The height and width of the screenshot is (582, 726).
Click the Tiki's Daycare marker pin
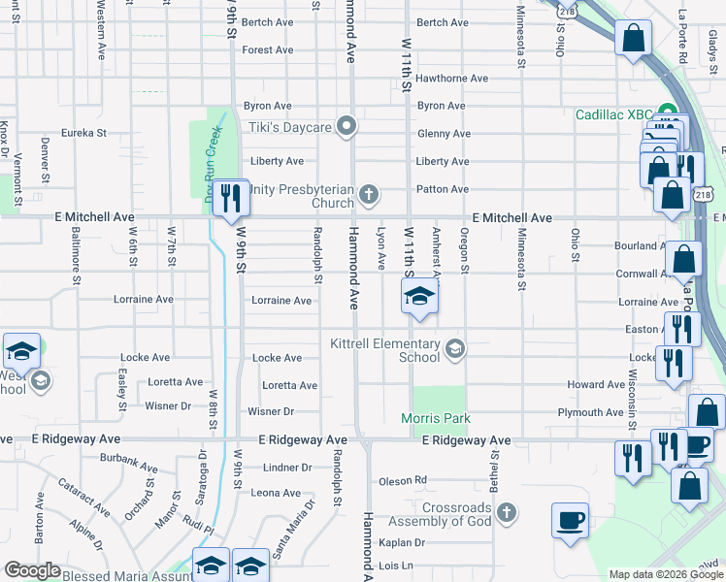click(x=346, y=126)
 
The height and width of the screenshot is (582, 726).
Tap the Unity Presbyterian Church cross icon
click(x=368, y=195)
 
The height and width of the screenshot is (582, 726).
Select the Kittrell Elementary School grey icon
click(x=454, y=348)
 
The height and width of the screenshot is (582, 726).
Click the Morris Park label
click(x=437, y=418)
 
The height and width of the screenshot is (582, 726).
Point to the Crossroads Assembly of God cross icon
click(x=505, y=511)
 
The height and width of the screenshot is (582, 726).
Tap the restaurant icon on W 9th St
click(x=230, y=198)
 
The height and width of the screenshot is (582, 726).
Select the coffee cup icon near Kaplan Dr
click(x=570, y=518)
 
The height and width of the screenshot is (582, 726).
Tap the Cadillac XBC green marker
click(x=668, y=113)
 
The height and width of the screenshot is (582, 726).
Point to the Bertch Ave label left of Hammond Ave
click(x=268, y=21)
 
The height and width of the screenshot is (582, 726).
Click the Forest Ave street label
click(x=268, y=49)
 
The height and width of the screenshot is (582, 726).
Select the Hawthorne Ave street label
click(x=451, y=78)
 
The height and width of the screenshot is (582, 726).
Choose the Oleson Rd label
click(x=403, y=479)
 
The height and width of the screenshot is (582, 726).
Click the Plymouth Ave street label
click(x=590, y=412)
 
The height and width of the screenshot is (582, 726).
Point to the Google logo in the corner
click(x=32, y=570)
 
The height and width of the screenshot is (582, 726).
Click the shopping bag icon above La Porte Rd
click(x=633, y=40)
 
